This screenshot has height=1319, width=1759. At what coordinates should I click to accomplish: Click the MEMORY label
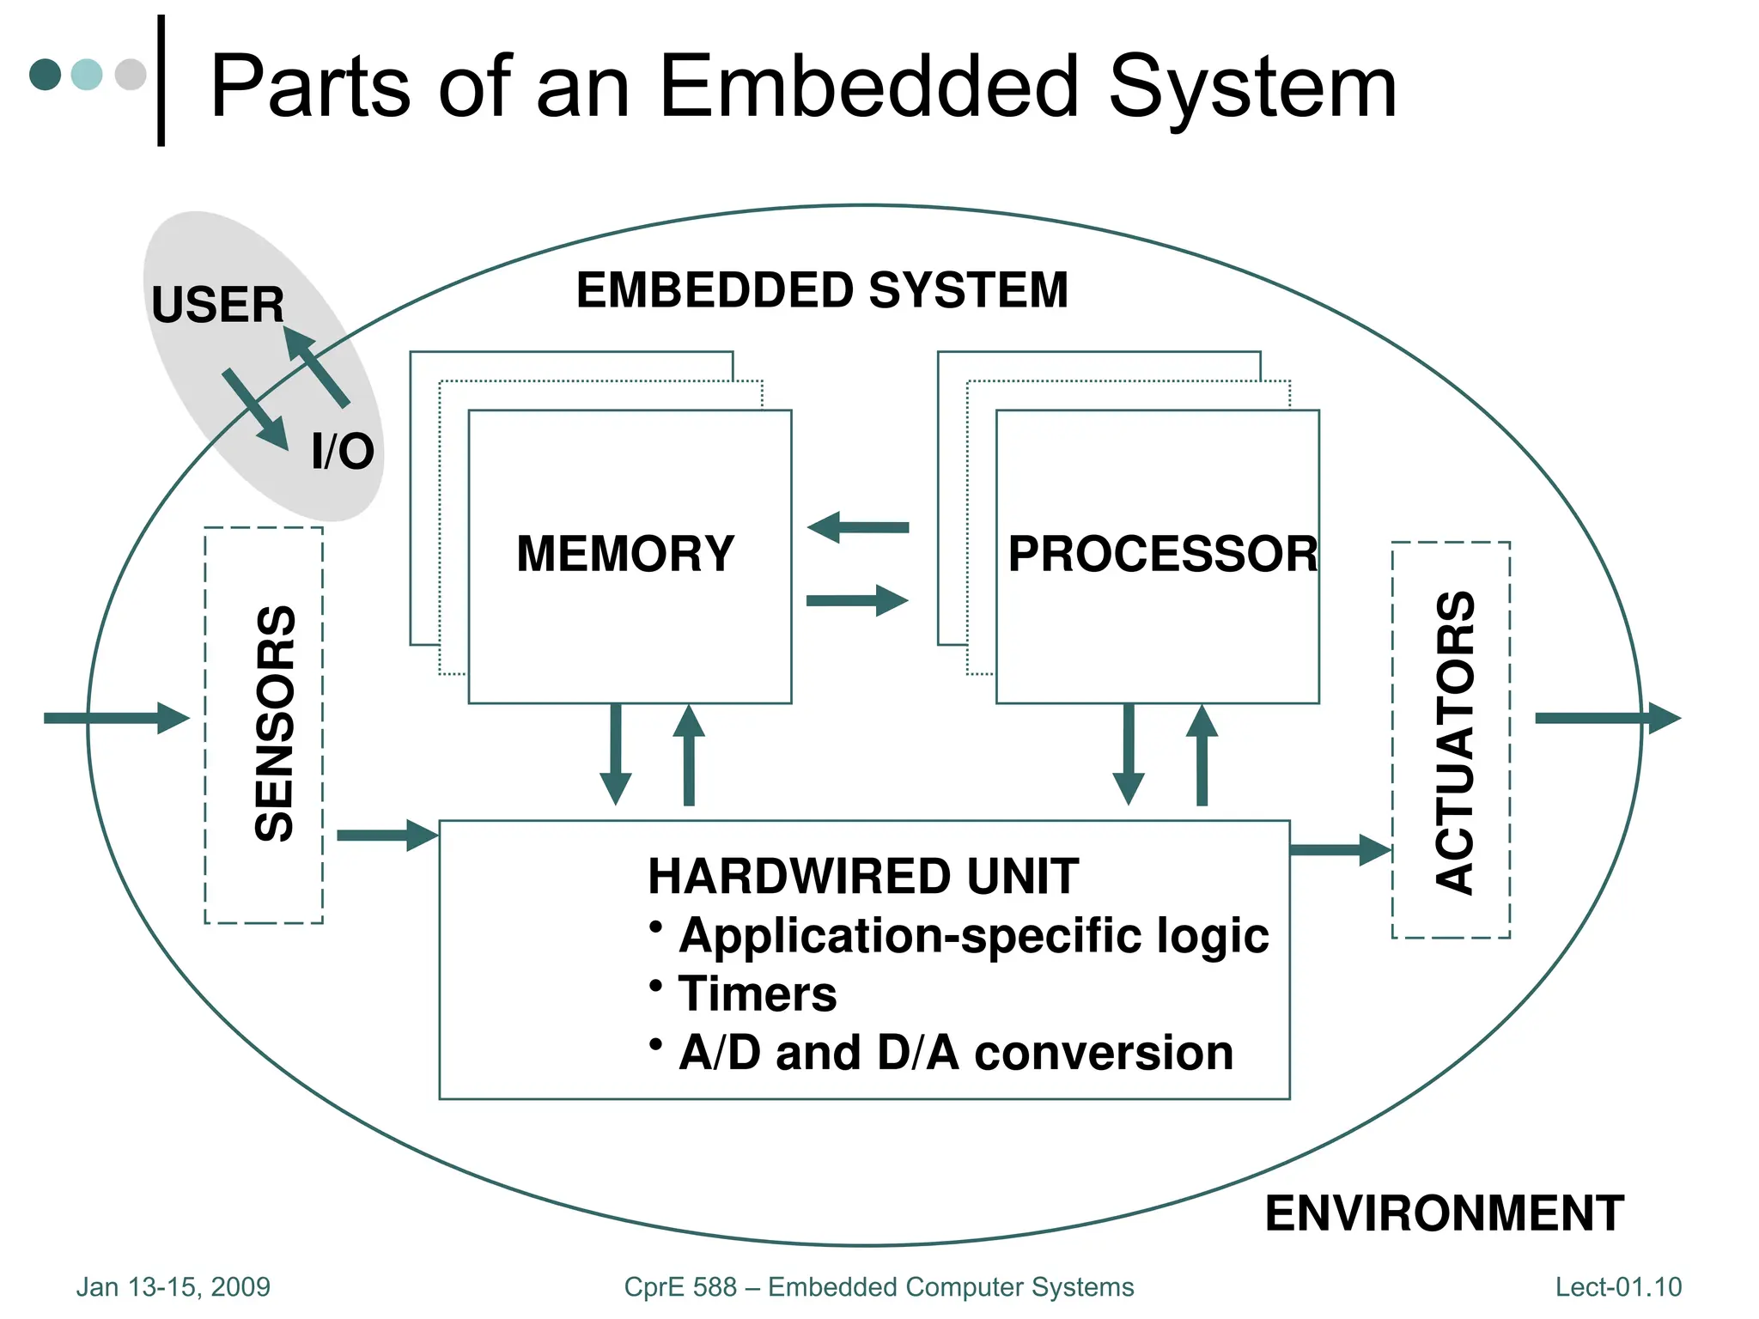point(625,554)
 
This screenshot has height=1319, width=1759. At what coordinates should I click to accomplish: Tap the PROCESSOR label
point(1162,554)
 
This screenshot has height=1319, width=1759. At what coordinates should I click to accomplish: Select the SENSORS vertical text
point(276,723)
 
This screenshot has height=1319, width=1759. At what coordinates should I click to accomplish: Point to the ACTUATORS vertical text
point(1455,743)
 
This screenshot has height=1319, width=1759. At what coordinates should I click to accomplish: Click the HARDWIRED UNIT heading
point(862,877)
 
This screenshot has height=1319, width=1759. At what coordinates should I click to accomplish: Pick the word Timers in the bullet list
point(757,994)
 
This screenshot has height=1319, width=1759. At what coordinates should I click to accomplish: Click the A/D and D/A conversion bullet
point(955,1053)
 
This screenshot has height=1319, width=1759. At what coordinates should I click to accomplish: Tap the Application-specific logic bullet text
point(973,935)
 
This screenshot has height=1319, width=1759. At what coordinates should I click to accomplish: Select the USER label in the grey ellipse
point(217,305)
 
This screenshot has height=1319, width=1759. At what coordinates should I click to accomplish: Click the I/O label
point(343,452)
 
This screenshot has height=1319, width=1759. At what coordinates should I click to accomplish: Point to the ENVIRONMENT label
point(1444,1213)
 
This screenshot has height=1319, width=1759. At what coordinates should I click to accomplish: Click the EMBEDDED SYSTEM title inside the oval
point(822,290)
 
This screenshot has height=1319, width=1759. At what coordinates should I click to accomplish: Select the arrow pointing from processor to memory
point(858,527)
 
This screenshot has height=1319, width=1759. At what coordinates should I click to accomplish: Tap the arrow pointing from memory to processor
point(857,600)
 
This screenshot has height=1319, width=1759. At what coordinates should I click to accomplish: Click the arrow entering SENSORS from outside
point(116,718)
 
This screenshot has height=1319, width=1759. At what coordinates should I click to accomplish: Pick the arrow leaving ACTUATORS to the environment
point(1607,718)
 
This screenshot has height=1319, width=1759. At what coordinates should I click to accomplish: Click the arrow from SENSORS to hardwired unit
point(387,835)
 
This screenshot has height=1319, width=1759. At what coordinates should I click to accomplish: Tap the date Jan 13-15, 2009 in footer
point(173,1286)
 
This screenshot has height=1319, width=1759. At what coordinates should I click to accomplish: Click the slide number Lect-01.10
point(1618,1286)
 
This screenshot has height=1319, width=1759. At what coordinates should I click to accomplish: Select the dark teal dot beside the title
point(45,74)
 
